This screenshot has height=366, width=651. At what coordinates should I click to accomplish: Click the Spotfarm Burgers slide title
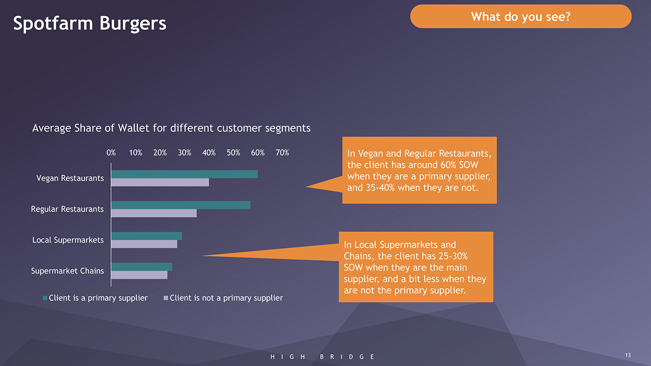[90, 23]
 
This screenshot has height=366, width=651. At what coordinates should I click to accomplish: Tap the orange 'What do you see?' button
[520, 17]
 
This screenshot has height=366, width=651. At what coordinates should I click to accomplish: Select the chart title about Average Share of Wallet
[171, 128]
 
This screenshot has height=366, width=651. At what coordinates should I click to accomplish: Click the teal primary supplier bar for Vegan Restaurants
[184, 174]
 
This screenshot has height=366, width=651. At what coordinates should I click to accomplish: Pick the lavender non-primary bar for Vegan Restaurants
[160, 182]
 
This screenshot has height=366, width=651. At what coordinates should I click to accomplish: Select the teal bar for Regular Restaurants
[181, 205]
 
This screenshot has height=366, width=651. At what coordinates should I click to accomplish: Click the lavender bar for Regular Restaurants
[154, 213]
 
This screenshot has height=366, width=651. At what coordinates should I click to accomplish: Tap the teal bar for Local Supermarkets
[146, 236]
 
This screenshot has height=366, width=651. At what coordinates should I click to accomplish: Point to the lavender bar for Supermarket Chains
[139, 275]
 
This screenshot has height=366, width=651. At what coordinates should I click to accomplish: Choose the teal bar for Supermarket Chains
[141, 267]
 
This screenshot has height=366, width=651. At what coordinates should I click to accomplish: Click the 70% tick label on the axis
[282, 153]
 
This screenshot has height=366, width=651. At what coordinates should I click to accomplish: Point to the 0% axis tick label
[111, 153]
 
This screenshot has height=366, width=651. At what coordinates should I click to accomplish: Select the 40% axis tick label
[209, 153]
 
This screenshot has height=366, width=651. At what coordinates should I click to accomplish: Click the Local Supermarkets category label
[68, 240]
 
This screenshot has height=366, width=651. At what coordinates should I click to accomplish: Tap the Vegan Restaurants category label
[70, 178]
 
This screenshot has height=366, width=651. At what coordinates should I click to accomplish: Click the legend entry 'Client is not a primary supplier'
[226, 298]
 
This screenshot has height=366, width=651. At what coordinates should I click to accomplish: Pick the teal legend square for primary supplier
[45, 298]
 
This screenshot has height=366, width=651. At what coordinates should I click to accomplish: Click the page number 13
[628, 355]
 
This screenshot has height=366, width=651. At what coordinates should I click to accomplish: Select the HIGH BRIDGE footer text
[322, 357]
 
